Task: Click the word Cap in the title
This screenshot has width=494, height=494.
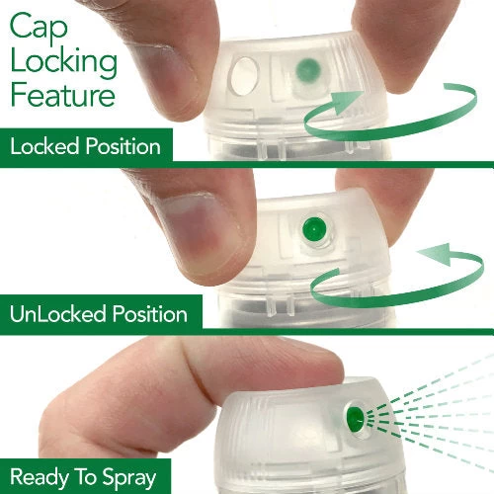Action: (39, 28)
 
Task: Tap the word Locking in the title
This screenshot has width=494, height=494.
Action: (64, 64)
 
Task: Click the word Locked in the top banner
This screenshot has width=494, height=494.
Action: (44, 146)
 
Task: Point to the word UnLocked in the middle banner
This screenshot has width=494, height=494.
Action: (57, 313)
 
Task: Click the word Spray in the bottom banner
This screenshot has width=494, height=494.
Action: (128, 478)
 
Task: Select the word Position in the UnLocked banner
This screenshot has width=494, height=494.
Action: (150, 313)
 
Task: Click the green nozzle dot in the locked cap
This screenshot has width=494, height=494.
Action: (308, 70)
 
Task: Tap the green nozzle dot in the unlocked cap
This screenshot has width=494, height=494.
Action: (314, 228)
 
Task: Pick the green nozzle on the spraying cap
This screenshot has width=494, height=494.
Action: (355, 417)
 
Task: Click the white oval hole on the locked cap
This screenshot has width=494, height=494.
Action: (244, 76)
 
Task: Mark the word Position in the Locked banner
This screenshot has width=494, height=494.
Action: (123, 146)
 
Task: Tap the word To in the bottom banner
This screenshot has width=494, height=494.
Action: (86, 476)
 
